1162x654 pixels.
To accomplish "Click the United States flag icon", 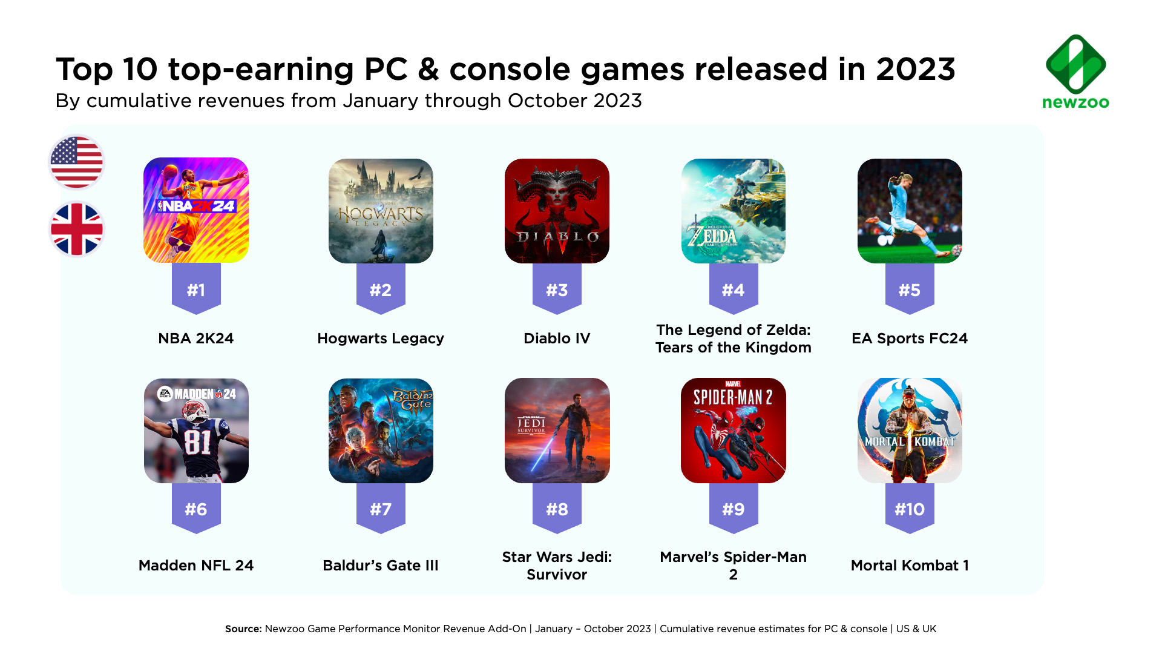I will click(x=76, y=162).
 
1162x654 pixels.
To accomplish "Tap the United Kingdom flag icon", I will click(x=76, y=230).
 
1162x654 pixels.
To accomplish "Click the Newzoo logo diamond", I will click(x=1075, y=64).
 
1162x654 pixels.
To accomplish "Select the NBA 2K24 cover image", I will click(x=196, y=210).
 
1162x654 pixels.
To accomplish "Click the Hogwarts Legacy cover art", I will click(x=381, y=211).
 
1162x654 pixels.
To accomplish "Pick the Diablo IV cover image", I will click(x=557, y=211).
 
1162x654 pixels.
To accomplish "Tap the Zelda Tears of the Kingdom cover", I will click(x=733, y=211).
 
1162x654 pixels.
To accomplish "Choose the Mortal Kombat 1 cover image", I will click(x=910, y=431).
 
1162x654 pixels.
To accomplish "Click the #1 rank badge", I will click(x=196, y=289).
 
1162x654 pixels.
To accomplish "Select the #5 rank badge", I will click(x=910, y=289).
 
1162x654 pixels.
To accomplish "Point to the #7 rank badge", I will click(x=381, y=509).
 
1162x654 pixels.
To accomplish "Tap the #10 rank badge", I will click(x=910, y=509).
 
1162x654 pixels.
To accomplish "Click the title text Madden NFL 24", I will click(x=196, y=566).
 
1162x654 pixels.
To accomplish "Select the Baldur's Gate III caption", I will click(x=381, y=566).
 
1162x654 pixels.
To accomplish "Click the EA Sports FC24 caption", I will click(x=910, y=339).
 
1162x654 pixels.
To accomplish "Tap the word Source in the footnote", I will click(x=243, y=629).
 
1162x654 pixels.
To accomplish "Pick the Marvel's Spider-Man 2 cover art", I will click(x=733, y=431).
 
